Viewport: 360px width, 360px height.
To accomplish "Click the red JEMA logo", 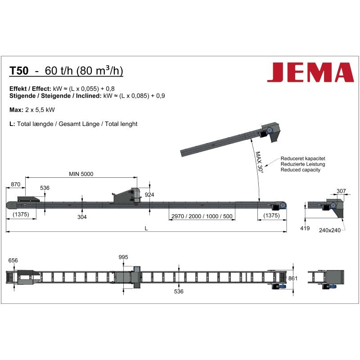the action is click(x=310, y=72).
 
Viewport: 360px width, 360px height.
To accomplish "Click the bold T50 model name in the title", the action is click(x=19, y=71).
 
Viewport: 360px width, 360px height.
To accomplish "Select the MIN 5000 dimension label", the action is click(x=81, y=174).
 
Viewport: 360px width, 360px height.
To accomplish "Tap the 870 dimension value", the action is click(x=16, y=184).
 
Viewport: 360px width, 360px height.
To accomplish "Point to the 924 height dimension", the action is click(x=149, y=195).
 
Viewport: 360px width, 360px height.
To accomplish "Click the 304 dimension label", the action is click(x=82, y=217).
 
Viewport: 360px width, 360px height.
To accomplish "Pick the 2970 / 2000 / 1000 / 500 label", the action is click(x=202, y=216).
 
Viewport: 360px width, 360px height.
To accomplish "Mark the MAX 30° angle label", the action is click(x=260, y=162).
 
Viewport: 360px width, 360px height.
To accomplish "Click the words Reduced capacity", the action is click(x=300, y=170).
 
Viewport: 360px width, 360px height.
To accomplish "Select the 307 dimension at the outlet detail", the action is click(x=341, y=191).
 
